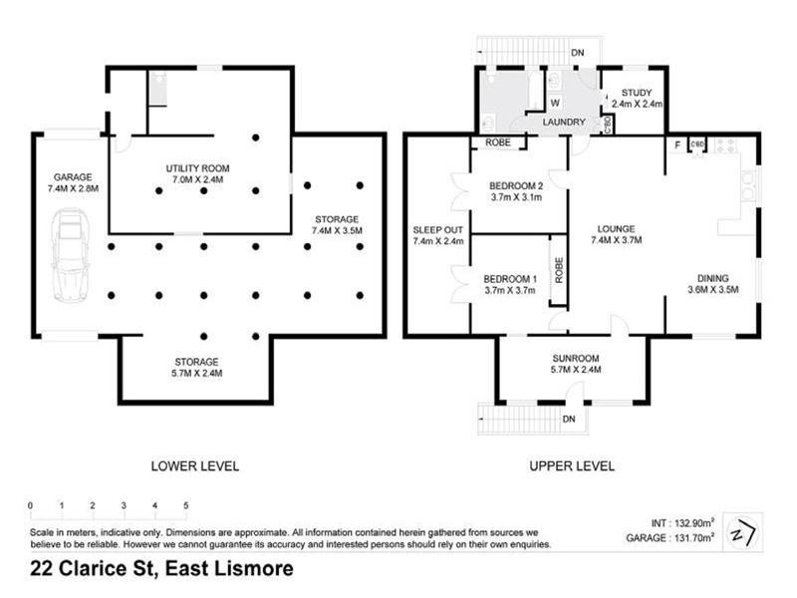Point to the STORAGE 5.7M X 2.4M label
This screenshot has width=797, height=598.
[x=195, y=367]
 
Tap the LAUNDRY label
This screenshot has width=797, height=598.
[x=563, y=123]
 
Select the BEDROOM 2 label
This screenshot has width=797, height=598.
[x=515, y=191]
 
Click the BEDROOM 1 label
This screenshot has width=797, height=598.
[x=510, y=284]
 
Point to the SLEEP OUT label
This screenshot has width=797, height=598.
[x=438, y=235]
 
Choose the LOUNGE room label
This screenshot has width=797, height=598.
[x=616, y=234]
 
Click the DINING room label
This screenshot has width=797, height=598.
[x=712, y=284]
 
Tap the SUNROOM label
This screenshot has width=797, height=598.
[x=575, y=363]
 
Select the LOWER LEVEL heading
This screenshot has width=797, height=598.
[x=195, y=465]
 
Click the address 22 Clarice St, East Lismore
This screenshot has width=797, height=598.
[x=161, y=570]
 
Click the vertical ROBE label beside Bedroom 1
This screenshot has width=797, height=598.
[x=559, y=271]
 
